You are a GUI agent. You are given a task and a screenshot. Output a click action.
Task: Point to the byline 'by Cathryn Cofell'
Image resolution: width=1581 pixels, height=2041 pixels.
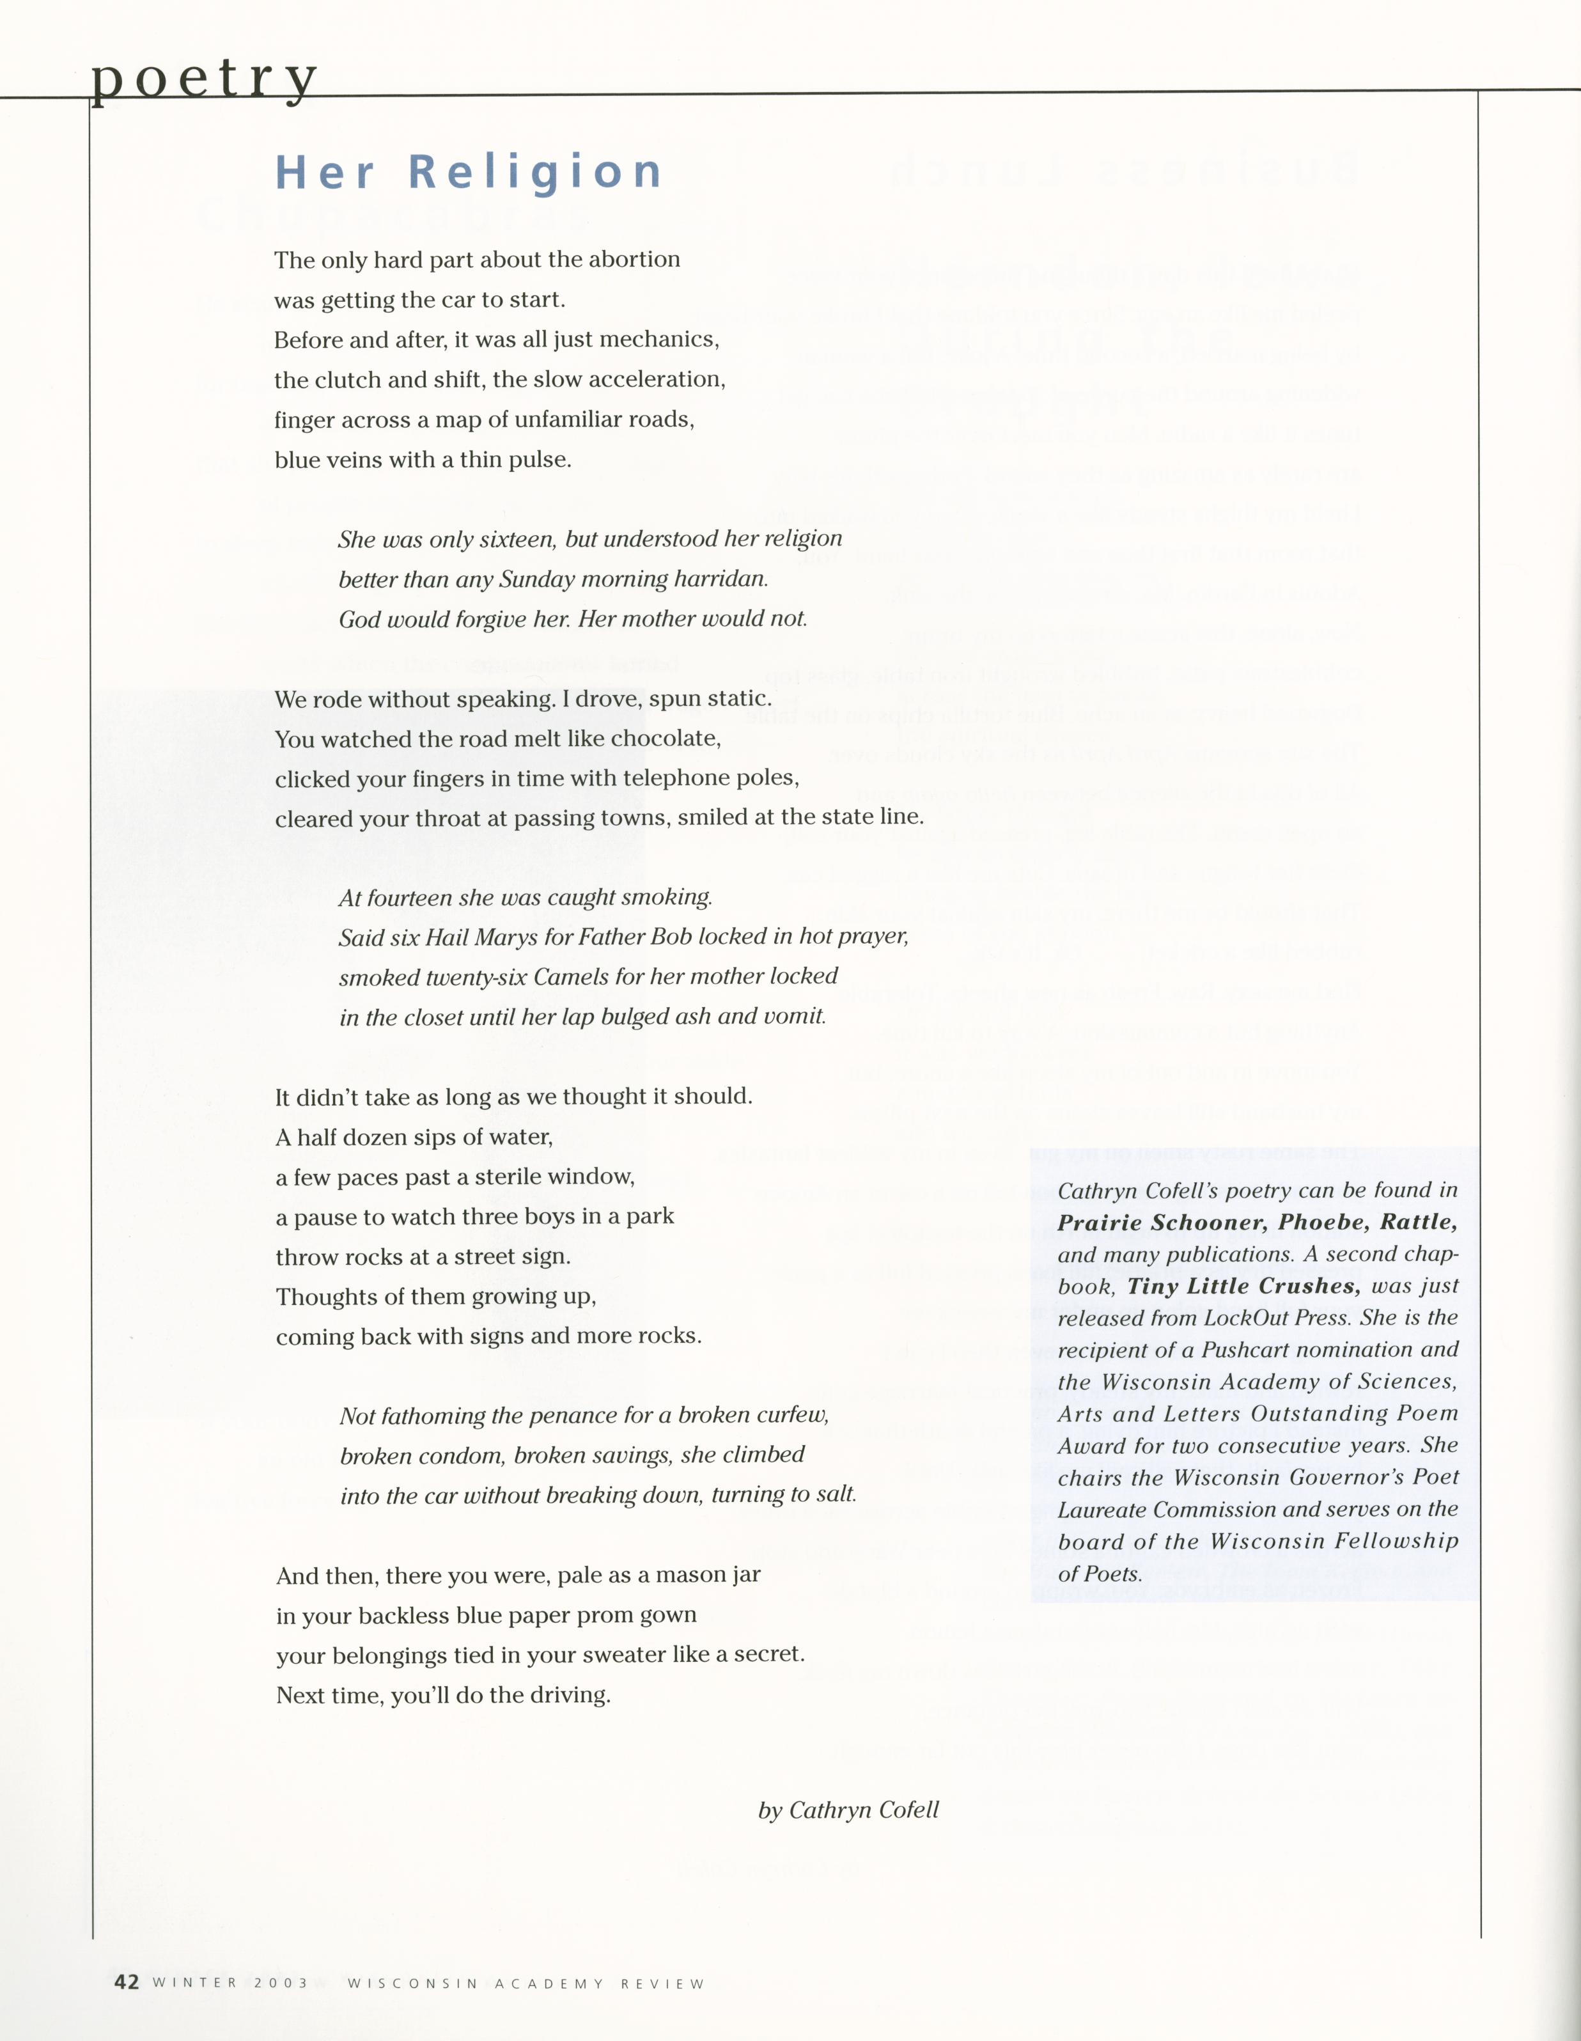848,1810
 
